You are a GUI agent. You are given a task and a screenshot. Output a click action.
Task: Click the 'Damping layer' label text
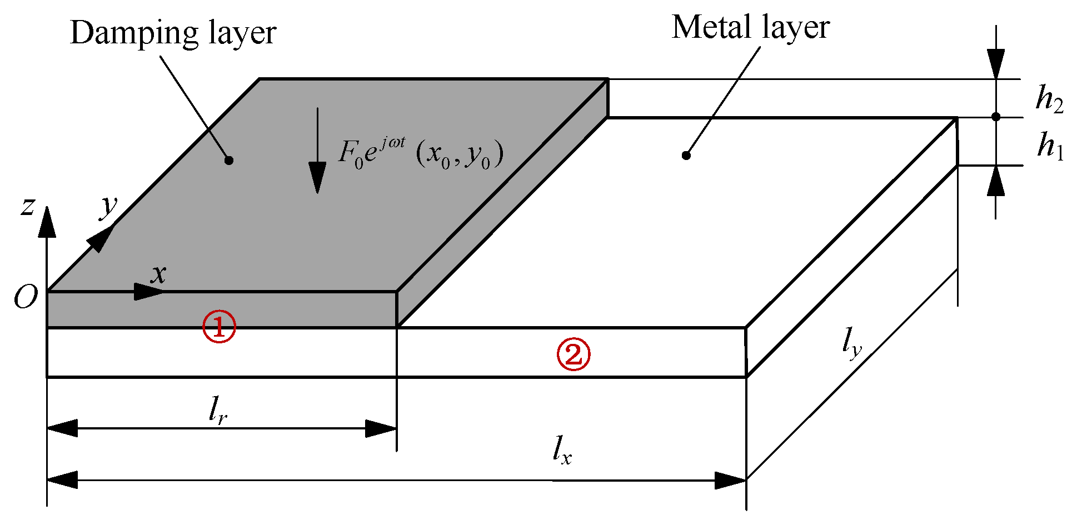[x=173, y=33]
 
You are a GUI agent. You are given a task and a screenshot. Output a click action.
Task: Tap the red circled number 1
[x=219, y=327]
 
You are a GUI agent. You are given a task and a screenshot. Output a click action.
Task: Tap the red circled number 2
[x=574, y=354]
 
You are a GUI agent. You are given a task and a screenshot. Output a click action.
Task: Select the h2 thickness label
[x=1049, y=99]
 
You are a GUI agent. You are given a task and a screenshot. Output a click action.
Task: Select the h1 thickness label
[x=1050, y=147]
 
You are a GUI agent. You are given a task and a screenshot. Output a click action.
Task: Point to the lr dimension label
[x=218, y=411]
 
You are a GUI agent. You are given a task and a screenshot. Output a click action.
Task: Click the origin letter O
[x=26, y=298]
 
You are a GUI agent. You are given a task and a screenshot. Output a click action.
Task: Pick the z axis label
[x=27, y=207]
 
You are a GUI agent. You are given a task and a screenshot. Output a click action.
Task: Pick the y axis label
[x=109, y=206]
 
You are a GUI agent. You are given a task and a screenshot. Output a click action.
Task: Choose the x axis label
[x=159, y=274]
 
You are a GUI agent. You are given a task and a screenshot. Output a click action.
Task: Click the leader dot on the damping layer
[x=228, y=161]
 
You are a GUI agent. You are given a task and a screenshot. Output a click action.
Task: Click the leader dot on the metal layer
[x=686, y=156]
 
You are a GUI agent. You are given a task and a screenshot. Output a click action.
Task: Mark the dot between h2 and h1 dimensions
[x=995, y=117]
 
